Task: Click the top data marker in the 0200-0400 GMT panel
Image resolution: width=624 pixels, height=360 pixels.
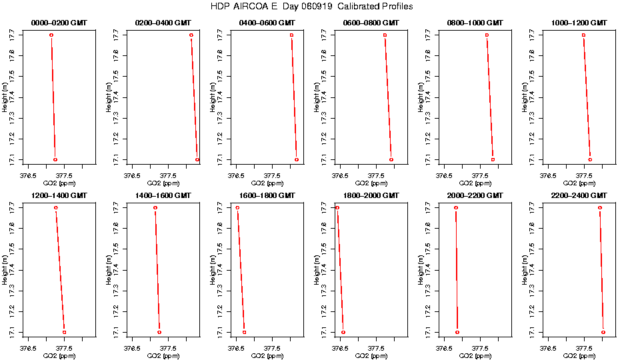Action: [191, 35]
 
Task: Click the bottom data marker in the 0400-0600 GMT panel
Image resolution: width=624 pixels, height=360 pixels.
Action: [297, 159]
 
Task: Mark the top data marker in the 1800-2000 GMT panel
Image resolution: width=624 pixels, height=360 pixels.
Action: [337, 208]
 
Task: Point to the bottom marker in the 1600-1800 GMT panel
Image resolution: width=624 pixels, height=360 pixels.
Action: [244, 332]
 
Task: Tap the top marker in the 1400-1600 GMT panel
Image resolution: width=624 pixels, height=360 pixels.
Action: [155, 208]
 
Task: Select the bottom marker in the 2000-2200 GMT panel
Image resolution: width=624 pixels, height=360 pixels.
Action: [457, 332]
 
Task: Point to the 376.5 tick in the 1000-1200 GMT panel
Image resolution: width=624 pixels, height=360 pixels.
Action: [548, 177]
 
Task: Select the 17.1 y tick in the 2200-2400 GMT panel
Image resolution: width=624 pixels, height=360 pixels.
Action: [532, 332]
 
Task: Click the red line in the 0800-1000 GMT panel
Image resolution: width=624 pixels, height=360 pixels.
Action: [489, 97]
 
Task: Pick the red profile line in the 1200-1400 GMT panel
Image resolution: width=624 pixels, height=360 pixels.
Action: [60, 270]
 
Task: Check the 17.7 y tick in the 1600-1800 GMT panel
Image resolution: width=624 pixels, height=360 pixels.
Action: [220, 208]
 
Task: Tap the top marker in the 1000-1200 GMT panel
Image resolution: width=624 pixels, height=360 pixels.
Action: [583, 35]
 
